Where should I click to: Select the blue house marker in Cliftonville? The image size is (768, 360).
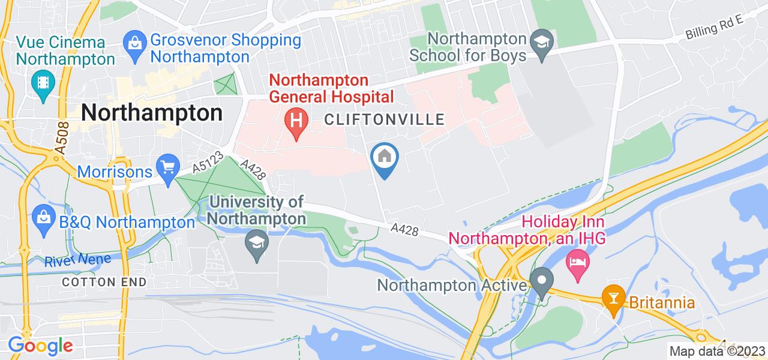[x=385, y=158]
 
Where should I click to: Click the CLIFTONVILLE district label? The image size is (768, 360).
[x=385, y=119]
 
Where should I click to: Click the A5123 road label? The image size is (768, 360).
[x=208, y=163]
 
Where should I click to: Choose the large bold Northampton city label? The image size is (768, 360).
[x=151, y=113]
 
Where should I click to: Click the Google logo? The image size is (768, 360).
[x=40, y=346]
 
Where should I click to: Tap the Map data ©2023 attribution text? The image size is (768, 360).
[x=718, y=351]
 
